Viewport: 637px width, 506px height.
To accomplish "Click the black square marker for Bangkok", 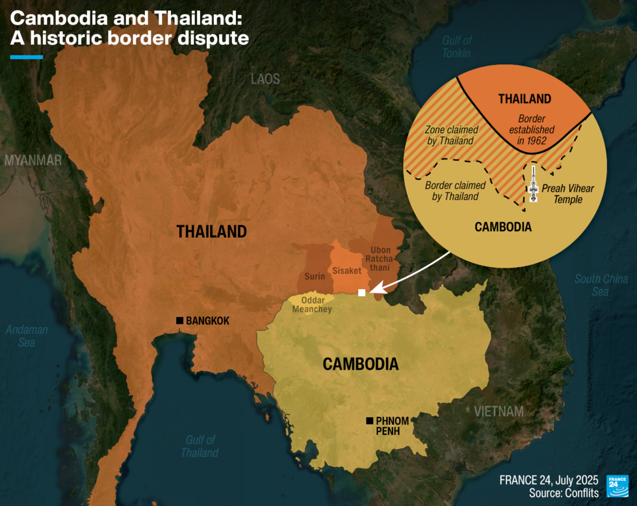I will tap(179, 320).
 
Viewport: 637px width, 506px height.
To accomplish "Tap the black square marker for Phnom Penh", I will tap(370, 420).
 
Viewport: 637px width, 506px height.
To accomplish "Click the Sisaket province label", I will tap(346, 270).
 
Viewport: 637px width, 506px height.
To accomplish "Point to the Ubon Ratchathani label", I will tap(380, 259).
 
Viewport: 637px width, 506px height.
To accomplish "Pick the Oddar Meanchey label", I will tap(316, 305).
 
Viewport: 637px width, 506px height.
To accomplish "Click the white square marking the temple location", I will tap(361, 293).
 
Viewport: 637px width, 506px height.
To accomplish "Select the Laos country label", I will tap(265, 79).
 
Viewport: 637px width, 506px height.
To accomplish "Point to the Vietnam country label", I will tap(499, 412).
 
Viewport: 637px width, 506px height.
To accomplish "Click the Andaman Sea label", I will tap(27, 336).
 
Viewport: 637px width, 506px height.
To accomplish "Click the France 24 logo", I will tap(617, 487).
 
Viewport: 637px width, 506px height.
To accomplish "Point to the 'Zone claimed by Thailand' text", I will tap(448, 134).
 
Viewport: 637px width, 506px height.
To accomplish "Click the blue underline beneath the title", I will tap(27, 57).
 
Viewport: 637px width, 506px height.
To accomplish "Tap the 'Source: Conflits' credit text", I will tap(564, 494).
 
